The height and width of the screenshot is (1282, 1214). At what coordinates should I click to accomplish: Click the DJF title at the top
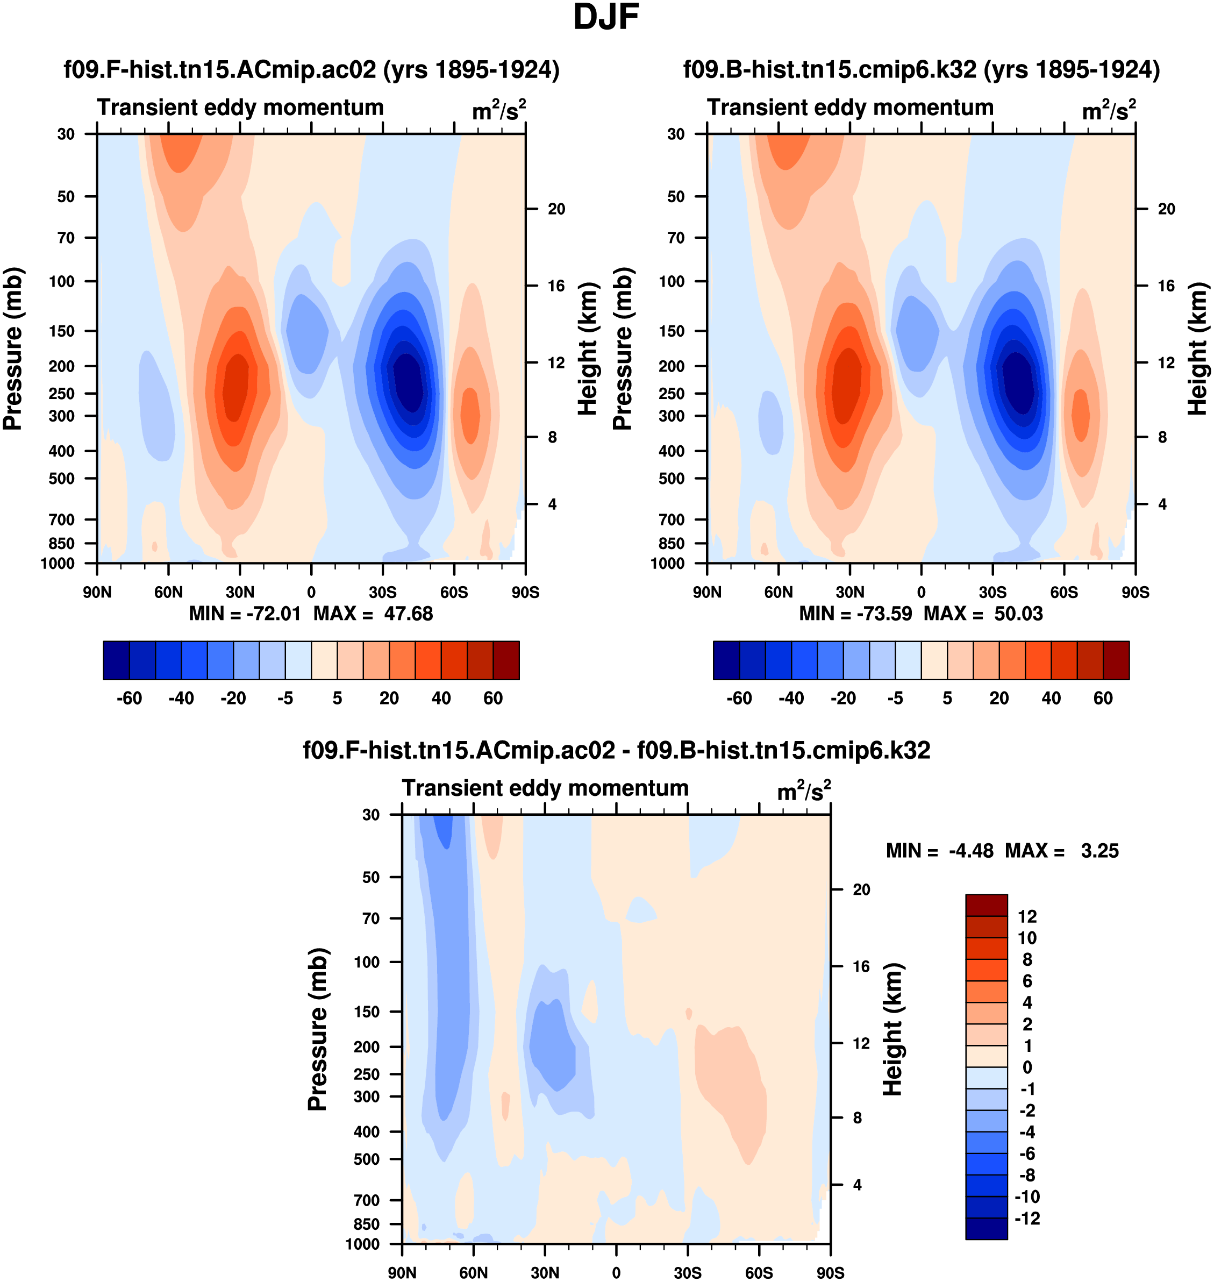pyautogui.click(x=606, y=17)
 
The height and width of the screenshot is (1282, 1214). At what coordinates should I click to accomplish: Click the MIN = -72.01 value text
pyautogui.click(x=245, y=613)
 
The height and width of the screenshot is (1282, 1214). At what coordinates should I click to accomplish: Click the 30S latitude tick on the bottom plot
pyautogui.click(x=687, y=1272)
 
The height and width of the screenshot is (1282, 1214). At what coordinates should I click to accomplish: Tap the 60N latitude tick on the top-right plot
pyautogui.click(x=779, y=592)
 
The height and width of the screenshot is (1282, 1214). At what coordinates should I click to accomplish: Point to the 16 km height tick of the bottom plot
pyautogui.click(x=861, y=966)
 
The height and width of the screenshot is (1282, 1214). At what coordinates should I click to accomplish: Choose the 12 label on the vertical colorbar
pyautogui.click(x=1027, y=916)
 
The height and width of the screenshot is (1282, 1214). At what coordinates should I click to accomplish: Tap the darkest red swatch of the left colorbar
pyautogui.click(x=506, y=660)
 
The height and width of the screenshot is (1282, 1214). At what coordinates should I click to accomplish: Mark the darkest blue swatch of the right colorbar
pyautogui.click(x=726, y=660)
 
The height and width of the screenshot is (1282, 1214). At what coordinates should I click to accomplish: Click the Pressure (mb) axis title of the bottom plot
pyautogui.click(x=318, y=1029)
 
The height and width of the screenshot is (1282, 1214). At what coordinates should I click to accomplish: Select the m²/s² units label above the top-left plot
pyautogui.click(x=498, y=110)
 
